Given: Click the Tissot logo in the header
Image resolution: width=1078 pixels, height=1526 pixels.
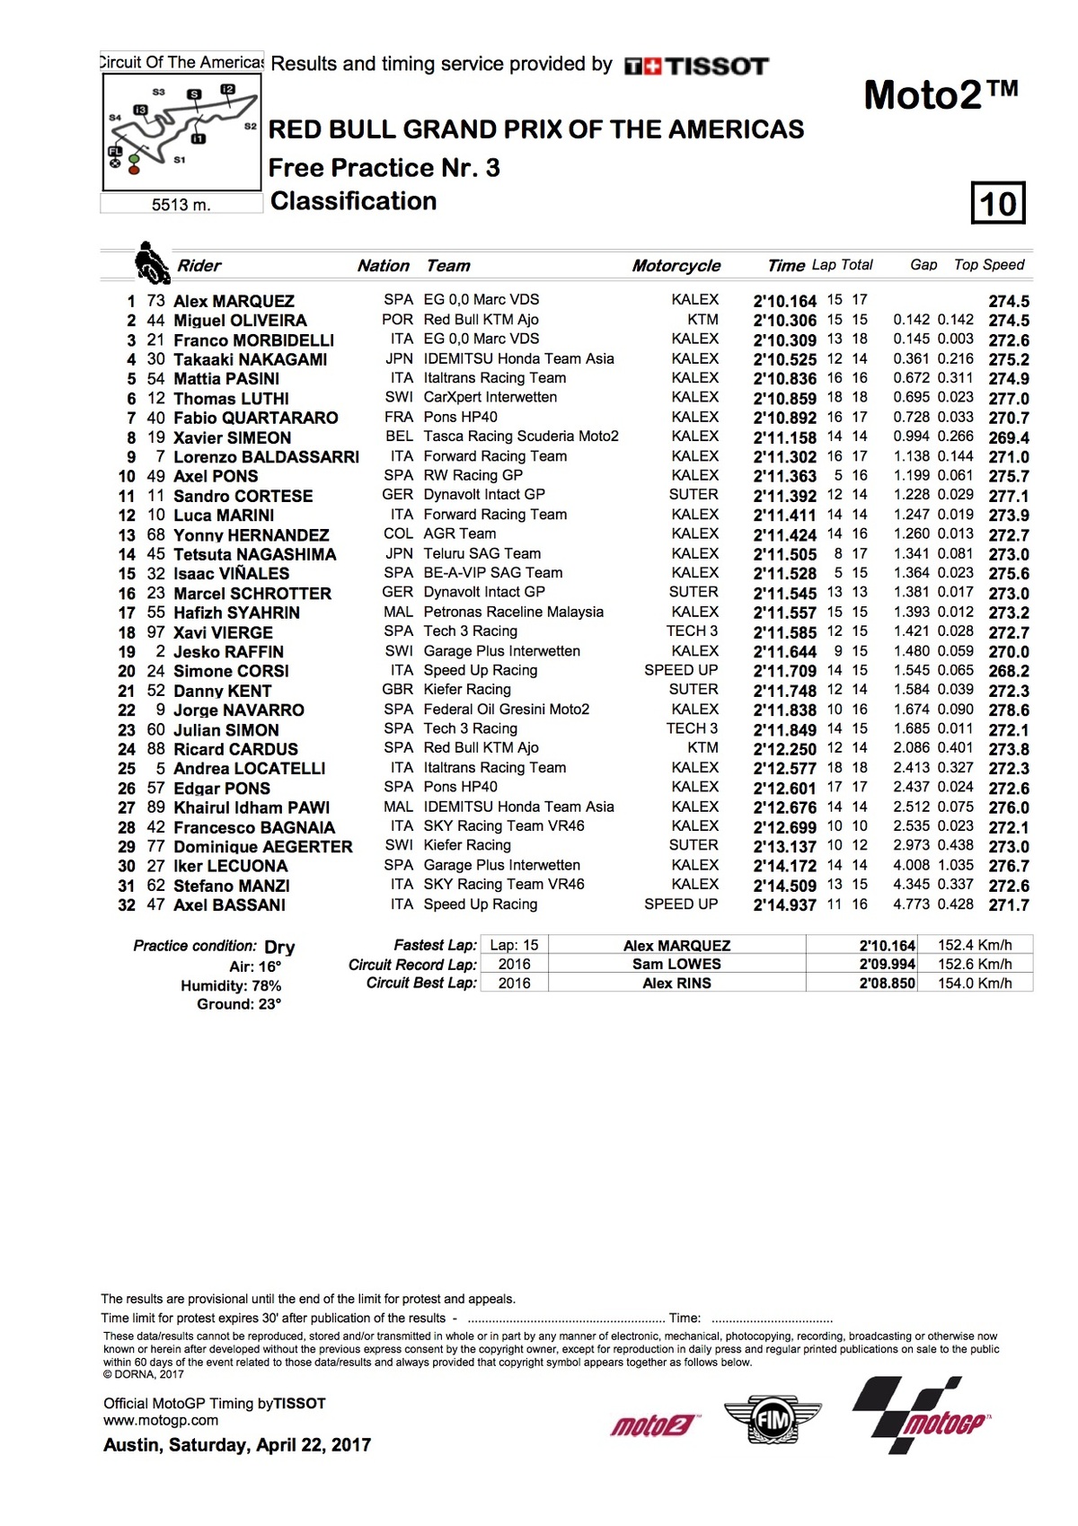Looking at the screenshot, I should pyautogui.click(x=697, y=66).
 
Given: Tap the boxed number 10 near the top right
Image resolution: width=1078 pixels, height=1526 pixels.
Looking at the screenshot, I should pyautogui.click(x=998, y=203).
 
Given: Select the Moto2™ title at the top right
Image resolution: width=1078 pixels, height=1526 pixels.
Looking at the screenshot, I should pyautogui.click(x=941, y=94).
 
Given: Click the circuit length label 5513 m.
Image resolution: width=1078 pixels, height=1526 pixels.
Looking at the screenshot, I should pyautogui.click(x=181, y=205).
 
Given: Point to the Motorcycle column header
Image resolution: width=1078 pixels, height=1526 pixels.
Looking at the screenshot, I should pyautogui.click(x=676, y=266).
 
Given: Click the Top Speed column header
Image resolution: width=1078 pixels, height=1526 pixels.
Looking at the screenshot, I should pyautogui.click(x=988, y=265).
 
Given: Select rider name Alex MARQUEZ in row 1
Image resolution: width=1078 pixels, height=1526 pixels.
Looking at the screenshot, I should pyautogui.click(x=234, y=301).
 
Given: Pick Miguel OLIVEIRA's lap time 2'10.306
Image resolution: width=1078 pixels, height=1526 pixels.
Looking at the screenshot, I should pyautogui.click(x=784, y=321).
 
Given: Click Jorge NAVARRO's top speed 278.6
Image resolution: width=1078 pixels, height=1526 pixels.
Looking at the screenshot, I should pyautogui.click(x=1009, y=710).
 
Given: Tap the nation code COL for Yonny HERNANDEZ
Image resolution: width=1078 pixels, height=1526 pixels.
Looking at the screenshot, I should pyautogui.click(x=398, y=534).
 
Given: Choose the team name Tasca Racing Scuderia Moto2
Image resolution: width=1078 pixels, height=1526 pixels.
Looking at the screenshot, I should pyautogui.click(x=521, y=437).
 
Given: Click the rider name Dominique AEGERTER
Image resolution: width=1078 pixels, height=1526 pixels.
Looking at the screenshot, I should pyautogui.click(x=262, y=847).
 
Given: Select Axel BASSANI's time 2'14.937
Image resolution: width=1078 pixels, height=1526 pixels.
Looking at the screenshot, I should pyautogui.click(x=784, y=905).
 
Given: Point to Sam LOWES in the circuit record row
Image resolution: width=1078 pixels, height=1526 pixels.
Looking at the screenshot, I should pyautogui.click(x=676, y=965).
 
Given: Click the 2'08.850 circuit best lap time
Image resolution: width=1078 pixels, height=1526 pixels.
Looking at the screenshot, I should pyautogui.click(x=887, y=984).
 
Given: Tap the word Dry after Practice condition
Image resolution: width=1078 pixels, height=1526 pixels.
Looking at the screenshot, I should pyautogui.click(x=279, y=947).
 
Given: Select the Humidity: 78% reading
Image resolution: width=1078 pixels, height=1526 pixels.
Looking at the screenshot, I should pyautogui.click(x=231, y=985).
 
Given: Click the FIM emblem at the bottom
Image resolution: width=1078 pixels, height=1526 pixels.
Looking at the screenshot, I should pyautogui.click(x=773, y=1421).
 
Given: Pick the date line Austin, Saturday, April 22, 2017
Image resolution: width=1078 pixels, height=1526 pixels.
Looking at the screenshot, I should pyautogui.click(x=237, y=1445).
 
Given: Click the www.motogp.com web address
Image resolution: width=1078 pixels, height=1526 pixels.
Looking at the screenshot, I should pyautogui.click(x=161, y=1421).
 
